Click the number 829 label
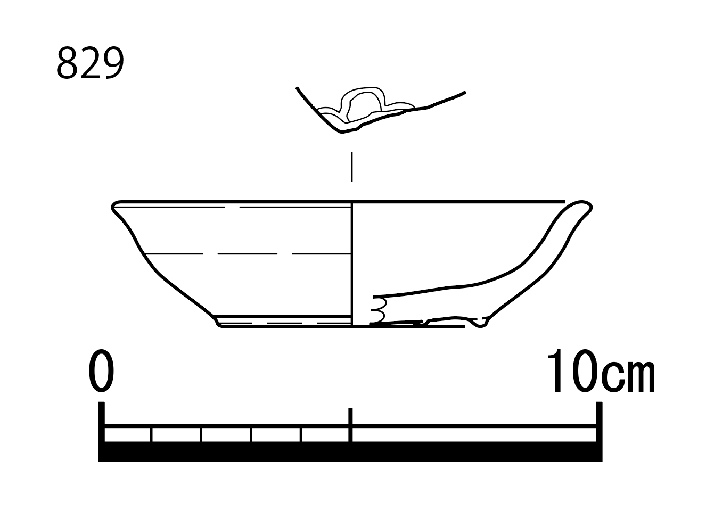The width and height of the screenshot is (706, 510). coord(90,63)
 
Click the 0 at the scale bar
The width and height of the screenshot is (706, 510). coord(101,371)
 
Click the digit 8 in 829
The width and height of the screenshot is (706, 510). coord(67,63)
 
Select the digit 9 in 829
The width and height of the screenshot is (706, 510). coord(113,63)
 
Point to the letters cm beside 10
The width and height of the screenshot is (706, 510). coord(628,377)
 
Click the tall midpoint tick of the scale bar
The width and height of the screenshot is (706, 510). coord(350,425)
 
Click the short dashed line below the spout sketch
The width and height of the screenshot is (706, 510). coord(352,167)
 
